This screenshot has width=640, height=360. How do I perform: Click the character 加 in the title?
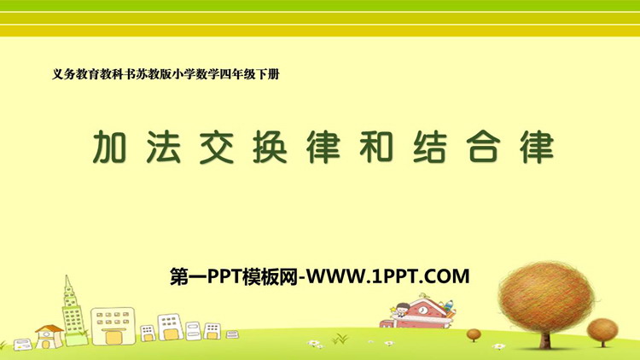click(x=109, y=147)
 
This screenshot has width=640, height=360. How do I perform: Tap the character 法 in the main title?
click(x=163, y=147)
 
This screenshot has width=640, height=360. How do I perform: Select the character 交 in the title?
click(x=217, y=147)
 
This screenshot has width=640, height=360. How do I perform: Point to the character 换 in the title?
click(x=270, y=147)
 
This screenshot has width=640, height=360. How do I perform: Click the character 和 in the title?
click(x=376, y=147)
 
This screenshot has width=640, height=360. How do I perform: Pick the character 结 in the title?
click(x=430, y=147)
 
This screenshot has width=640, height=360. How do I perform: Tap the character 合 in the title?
click(x=483, y=147)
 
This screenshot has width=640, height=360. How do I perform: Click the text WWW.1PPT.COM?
click(x=387, y=276)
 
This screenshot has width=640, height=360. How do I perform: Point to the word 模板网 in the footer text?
click(x=270, y=276)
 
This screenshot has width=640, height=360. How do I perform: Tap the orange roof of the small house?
click(x=49, y=328)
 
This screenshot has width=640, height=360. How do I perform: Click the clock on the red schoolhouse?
click(x=423, y=311)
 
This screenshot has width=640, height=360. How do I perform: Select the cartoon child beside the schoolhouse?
click(x=402, y=310)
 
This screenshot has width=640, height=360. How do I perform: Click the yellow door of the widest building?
click(x=112, y=338)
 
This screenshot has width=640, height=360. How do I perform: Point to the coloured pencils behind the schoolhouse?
click(x=449, y=307)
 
